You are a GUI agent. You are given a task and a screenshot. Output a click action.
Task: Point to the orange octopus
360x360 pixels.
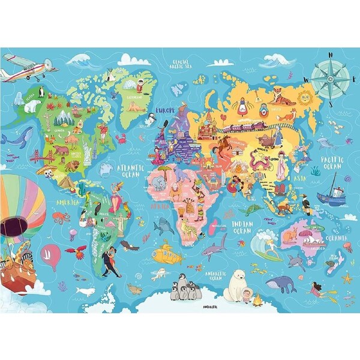coord(60,217)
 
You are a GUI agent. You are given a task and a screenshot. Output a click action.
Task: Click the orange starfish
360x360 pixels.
coord(347,278)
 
